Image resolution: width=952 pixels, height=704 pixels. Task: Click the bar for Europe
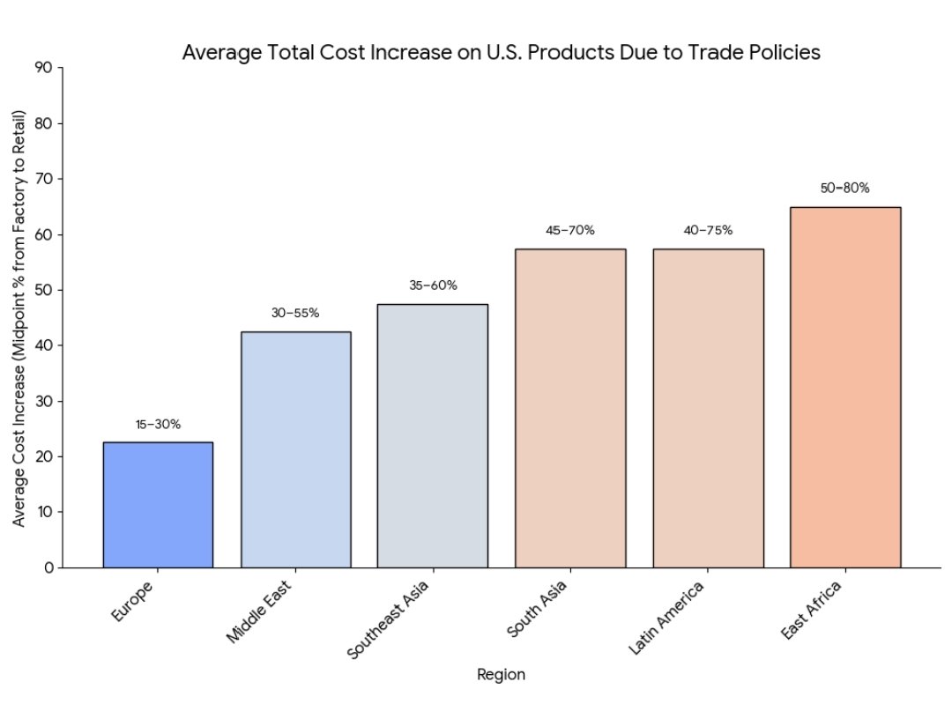pyautogui.click(x=158, y=505)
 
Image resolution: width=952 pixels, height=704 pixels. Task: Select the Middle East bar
pyautogui.click(x=295, y=449)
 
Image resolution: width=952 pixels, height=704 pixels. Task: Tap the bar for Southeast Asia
pyautogui.click(x=432, y=436)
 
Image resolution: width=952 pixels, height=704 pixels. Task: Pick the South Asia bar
pyautogui.click(x=570, y=408)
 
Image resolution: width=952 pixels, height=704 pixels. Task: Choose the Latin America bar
pyautogui.click(x=708, y=408)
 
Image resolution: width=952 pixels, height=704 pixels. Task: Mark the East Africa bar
pyautogui.click(x=845, y=388)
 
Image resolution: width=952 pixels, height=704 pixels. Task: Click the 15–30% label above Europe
pyautogui.click(x=158, y=425)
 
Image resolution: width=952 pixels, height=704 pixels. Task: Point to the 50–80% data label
pyautogui.click(x=844, y=189)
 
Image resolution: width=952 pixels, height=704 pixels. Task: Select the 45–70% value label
pyautogui.click(x=570, y=231)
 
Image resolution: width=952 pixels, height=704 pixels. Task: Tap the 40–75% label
pyautogui.click(x=708, y=231)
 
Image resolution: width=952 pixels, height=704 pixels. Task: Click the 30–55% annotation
pyautogui.click(x=295, y=313)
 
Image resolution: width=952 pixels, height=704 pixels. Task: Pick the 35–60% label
pyautogui.click(x=433, y=285)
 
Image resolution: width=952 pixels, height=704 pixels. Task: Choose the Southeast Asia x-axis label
pyautogui.click(x=388, y=621)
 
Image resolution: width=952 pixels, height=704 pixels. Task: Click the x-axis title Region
pyautogui.click(x=501, y=675)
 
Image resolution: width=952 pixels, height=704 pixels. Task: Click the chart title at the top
pyautogui.click(x=501, y=53)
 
